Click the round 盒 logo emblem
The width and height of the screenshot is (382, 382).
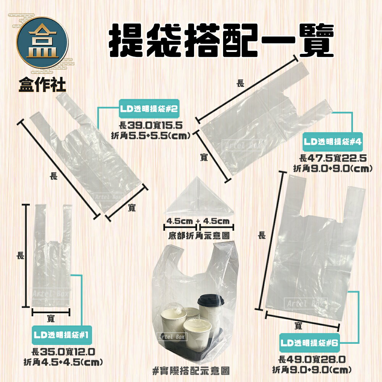[42, 45]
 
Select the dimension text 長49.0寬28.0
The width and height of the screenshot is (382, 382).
[312, 359]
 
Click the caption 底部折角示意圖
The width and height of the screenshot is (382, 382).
[199, 236]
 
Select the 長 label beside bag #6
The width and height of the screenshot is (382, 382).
[261, 236]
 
